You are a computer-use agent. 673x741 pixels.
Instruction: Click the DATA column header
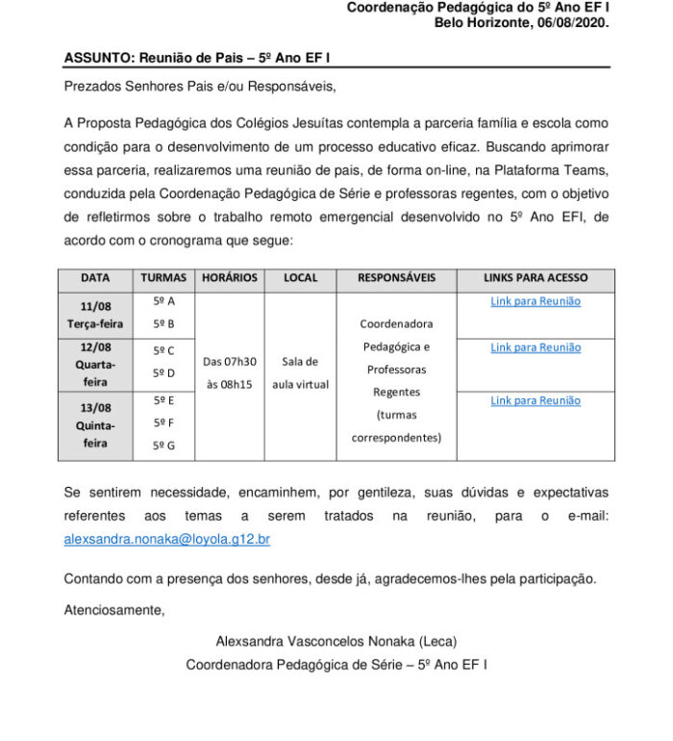[95, 278]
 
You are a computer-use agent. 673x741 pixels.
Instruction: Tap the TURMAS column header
[163, 278]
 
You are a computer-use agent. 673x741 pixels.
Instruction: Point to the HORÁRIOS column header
[229, 278]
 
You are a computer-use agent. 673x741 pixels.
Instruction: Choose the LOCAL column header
[300, 278]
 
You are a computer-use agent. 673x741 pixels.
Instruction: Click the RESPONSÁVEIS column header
[396, 278]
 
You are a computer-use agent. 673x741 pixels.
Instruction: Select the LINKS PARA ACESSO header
[536, 278]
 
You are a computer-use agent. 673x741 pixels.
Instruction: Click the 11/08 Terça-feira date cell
[95, 315]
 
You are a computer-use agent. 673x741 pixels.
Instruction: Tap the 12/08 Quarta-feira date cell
[95, 365]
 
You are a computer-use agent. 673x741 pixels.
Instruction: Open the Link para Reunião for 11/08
[536, 301]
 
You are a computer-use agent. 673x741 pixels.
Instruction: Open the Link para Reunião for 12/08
[536, 347]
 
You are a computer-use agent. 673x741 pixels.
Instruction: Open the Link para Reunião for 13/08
[536, 400]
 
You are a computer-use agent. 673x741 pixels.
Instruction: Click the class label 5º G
[163, 446]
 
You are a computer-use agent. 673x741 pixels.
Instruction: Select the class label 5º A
[163, 301]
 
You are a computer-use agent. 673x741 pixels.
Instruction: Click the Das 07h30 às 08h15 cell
[230, 373]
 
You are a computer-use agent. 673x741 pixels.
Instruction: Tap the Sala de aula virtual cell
[300, 373]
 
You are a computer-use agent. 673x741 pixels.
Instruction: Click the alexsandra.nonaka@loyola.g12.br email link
[166, 540]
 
